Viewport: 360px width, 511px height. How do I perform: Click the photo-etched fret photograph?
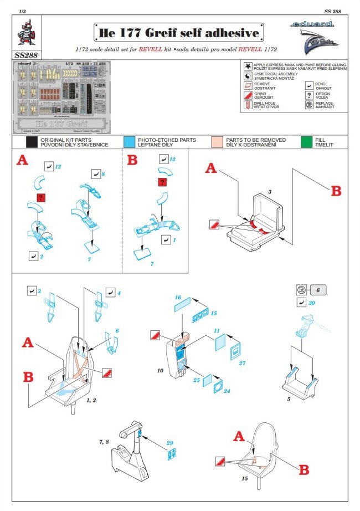[x=65, y=97]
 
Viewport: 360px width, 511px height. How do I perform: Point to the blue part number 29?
[x=170, y=442]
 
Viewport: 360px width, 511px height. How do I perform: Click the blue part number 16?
[x=178, y=297]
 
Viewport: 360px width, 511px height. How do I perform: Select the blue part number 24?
[x=227, y=391]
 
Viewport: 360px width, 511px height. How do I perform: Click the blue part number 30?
[x=312, y=303]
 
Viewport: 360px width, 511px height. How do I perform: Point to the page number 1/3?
[x=22, y=11]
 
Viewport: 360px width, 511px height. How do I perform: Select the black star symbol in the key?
[x=246, y=65]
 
